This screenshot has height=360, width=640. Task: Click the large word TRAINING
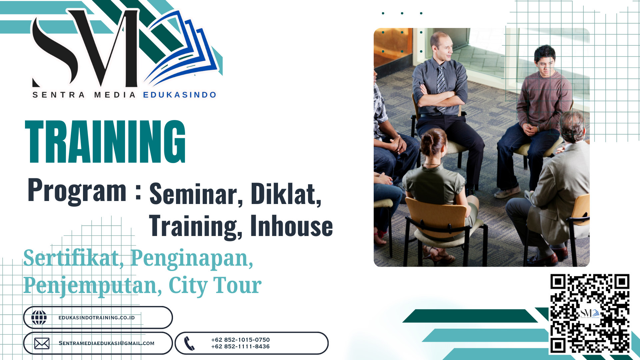(105, 142)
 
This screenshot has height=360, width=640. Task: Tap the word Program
(77, 191)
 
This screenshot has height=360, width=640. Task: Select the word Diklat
(286, 194)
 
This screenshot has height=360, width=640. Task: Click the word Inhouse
(292, 226)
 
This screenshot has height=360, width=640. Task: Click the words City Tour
(215, 285)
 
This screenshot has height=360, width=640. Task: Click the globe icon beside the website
(39, 317)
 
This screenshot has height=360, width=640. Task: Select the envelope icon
(42, 343)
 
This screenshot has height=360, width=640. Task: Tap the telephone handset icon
(189, 343)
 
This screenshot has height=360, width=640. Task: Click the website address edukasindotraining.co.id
(97, 318)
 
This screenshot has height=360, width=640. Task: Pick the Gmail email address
(106, 343)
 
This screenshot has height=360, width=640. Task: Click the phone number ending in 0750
(240, 340)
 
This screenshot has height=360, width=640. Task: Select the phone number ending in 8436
(240, 347)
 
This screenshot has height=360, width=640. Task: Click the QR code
(590, 313)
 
